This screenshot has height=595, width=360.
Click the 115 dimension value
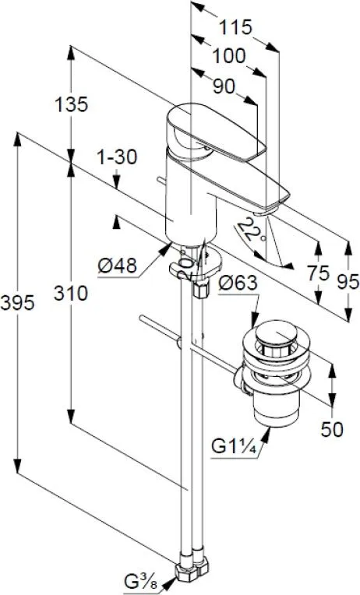[236, 27]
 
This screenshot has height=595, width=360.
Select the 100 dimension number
[228, 56]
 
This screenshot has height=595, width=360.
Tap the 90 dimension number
[224, 86]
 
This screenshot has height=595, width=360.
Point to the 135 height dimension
[72, 104]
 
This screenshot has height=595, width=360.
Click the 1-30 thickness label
[117, 157]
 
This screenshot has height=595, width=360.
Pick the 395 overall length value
[17, 303]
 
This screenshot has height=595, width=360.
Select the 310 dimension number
[71, 294]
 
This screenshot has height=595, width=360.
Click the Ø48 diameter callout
[117, 266]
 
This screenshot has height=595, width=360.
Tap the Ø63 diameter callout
[238, 283]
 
